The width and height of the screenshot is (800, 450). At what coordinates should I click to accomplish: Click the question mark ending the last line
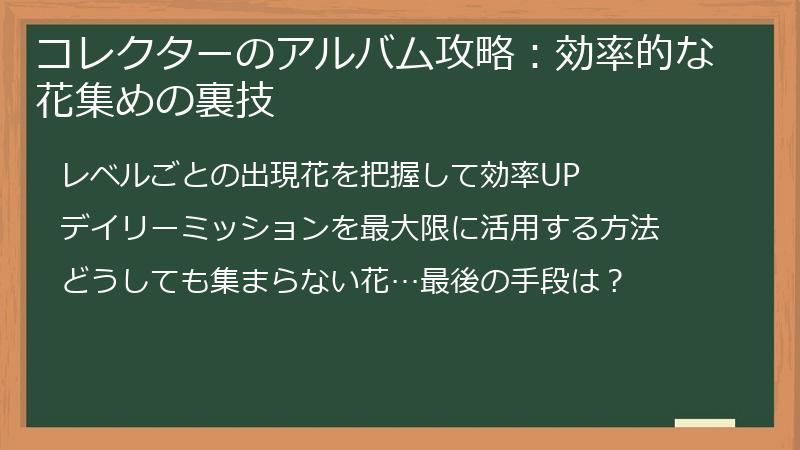tap(615, 281)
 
